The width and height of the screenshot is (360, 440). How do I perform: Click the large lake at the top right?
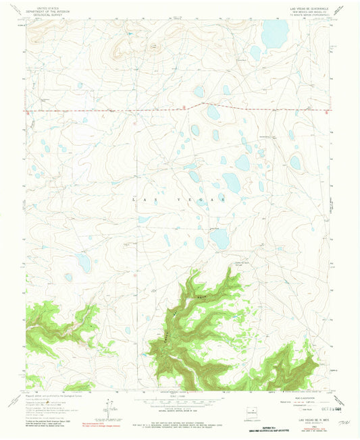point(274,34)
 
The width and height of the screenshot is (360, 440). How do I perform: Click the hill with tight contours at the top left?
point(122,47)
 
